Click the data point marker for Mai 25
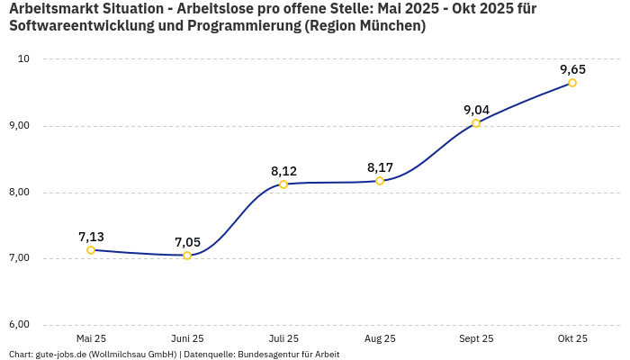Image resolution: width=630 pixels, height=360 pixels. tap(91, 250)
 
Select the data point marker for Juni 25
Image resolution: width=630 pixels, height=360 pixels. tap(187, 256)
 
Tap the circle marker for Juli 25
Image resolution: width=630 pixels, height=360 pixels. tap(283, 184)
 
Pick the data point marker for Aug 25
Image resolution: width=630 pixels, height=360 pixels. tap(380, 181)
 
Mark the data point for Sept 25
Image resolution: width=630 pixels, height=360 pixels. tap(476, 123)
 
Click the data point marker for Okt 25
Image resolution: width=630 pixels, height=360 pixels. tap(572, 83)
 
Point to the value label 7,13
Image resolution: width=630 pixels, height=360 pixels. tap(91, 237)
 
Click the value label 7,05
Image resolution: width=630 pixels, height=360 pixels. tap(187, 242)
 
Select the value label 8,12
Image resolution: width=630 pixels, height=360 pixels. tap(283, 171)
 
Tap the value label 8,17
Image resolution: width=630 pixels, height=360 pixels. tap(380, 167)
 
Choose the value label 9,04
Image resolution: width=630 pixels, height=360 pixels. tap(476, 110)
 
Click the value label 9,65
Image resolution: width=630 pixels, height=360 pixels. tap(572, 69)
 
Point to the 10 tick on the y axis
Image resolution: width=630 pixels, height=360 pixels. tap(24, 59)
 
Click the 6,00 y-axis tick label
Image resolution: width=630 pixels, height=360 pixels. tap(20, 325)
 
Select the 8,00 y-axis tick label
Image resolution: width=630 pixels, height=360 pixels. tap(20, 193)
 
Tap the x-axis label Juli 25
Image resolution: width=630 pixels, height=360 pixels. tap(283, 339)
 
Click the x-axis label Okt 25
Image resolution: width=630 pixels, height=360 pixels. tap(572, 339)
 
